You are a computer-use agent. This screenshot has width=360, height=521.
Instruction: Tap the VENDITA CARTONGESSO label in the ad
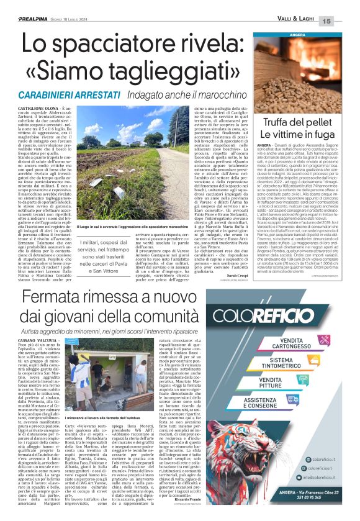(295, 343)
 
